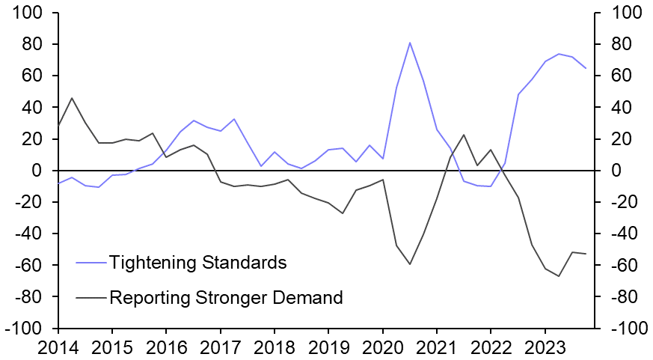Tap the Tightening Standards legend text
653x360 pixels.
pos(198,263)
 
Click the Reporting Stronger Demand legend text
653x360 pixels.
pos(226,298)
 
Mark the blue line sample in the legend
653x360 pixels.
pos(91,263)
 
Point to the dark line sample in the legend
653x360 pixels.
pos(91,298)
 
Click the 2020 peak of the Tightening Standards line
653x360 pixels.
pos(410,43)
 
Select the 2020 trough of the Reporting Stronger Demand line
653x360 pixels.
pos(410,264)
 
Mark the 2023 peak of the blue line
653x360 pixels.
pos(559,54)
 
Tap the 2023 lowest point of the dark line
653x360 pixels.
pos(559,276)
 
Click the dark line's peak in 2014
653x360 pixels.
pos(72,98)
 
